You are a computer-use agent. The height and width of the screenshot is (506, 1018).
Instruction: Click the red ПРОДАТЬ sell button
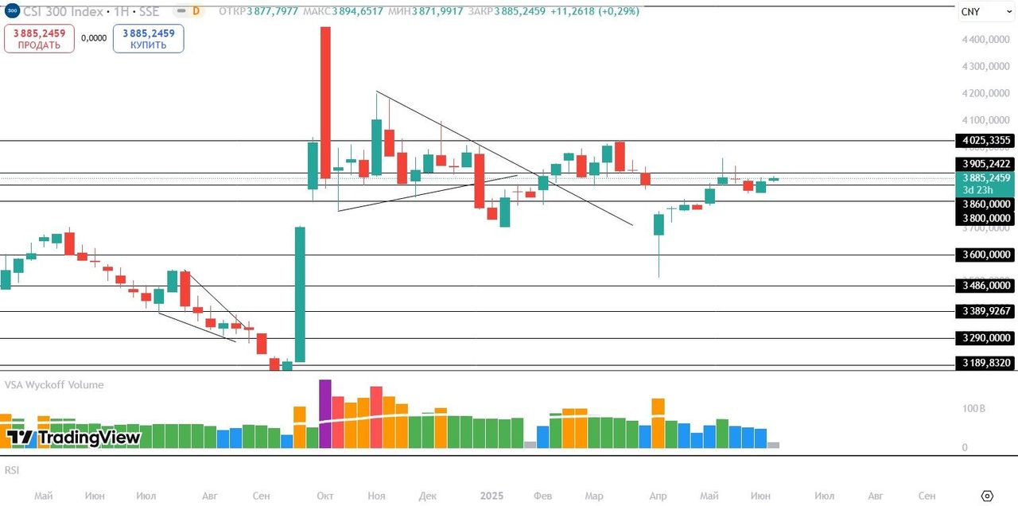pos(39,38)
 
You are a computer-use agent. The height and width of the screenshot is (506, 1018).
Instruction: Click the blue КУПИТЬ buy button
pos(148,38)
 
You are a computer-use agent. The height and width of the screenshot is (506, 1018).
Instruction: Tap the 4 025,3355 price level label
pos(986,141)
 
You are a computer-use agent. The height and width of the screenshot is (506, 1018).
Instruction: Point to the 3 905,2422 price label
pos(986,164)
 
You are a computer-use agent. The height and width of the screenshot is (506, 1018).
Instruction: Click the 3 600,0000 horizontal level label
pos(986,255)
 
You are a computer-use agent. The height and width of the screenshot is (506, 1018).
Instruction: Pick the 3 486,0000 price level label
pos(986,286)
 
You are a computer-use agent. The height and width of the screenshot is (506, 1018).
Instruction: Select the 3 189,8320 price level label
pos(986,363)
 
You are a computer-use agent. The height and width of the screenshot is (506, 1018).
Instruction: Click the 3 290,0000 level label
pos(986,338)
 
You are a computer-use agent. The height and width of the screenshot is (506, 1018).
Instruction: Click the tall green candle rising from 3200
pos(300,294)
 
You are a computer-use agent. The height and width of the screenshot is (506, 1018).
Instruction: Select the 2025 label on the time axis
pos(492,496)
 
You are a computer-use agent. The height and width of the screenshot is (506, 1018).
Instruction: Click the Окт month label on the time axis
pos(324,496)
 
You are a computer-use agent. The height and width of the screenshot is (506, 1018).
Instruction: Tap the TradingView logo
pos(73,438)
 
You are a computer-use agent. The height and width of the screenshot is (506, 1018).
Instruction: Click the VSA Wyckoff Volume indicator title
pos(54,385)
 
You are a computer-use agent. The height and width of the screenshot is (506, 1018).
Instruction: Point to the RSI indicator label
pos(11,470)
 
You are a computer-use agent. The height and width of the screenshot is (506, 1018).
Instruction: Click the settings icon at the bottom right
pos(987,496)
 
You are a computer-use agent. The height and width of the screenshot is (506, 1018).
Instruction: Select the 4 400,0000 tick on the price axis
pos(986,40)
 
